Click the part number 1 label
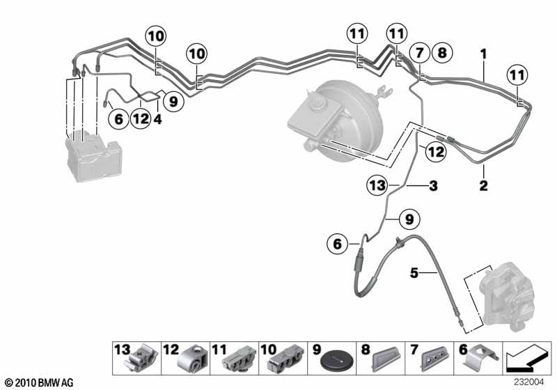click(x=483, y=54)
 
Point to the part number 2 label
click(x=483, y=185)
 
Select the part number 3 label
click(x=433, y=186)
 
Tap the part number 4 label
click(x=158, y=119)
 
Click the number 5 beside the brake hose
click(x=414, y=273)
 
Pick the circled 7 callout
click(x=420, y=53)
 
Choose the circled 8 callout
click(x=442, y=53)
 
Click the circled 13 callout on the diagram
click(x=377, y=185)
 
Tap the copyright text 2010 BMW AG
click(x=40, y=383)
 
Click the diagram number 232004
click(x=528, y=382)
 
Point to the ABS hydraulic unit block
click(x=93, y=155)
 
